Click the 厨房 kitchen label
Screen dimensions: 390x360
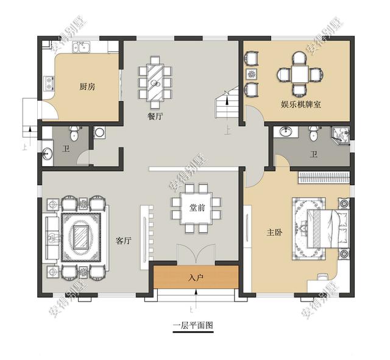(87, 86)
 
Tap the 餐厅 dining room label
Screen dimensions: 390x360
(156, 116)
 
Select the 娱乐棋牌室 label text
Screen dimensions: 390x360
(301, 104)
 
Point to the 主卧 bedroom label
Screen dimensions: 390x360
(275, 233)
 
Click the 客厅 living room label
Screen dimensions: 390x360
(124, 241)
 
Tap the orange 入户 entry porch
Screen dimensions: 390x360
(196, 277)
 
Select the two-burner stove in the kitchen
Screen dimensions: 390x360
(49, 83)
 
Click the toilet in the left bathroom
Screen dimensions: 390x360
(74, 133)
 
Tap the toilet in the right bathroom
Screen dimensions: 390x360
(313, 133)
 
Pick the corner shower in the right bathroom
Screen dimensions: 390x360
(341, 135)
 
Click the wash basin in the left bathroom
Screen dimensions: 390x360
(47, 153)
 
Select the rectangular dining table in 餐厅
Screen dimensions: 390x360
(155, 82)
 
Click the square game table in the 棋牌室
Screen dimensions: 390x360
(300, 74)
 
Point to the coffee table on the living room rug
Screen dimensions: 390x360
(81, 237)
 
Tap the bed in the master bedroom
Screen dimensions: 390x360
(328, 228)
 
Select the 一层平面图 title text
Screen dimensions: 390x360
(193, 325)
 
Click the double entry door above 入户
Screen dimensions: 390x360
(196, 253)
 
